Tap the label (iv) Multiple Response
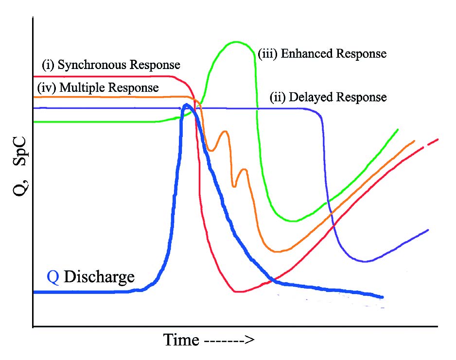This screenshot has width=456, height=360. click(x=98, y=88)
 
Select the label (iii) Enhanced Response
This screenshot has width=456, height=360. click(x=322, y=53)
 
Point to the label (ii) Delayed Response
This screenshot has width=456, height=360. click(x=328, y=97)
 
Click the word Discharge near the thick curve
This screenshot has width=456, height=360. click(x=99, y=277)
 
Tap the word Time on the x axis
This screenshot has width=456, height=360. click(x=181, y=340)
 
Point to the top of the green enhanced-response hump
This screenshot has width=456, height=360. click(x=236, y=42)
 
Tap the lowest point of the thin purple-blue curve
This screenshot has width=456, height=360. click(x=366, y=261)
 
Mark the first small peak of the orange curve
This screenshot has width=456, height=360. click(x=224, y=131)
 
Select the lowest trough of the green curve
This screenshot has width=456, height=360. click(x=293, y=221)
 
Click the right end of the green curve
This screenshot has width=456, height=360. click(x=398, y=130)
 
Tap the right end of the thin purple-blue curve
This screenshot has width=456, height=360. click(x=428, y=230)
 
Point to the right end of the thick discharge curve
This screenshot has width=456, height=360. click(x=383, y=297)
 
